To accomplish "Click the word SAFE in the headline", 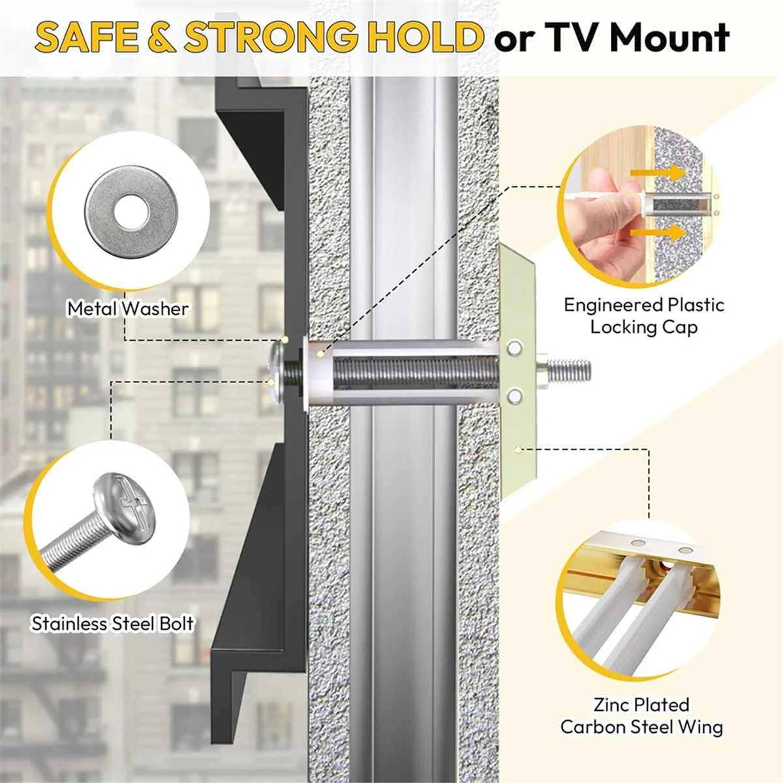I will (x=89, y=37).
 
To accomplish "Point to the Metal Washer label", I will (x=128, y=309).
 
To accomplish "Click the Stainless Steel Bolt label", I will (x=112, y=624).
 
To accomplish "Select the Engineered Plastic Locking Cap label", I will (x=643, y=316).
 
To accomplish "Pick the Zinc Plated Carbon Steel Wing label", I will (x=641, y=716).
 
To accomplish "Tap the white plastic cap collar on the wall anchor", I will (x=320, y=372).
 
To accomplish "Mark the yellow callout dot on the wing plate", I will (x=517, y=450).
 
